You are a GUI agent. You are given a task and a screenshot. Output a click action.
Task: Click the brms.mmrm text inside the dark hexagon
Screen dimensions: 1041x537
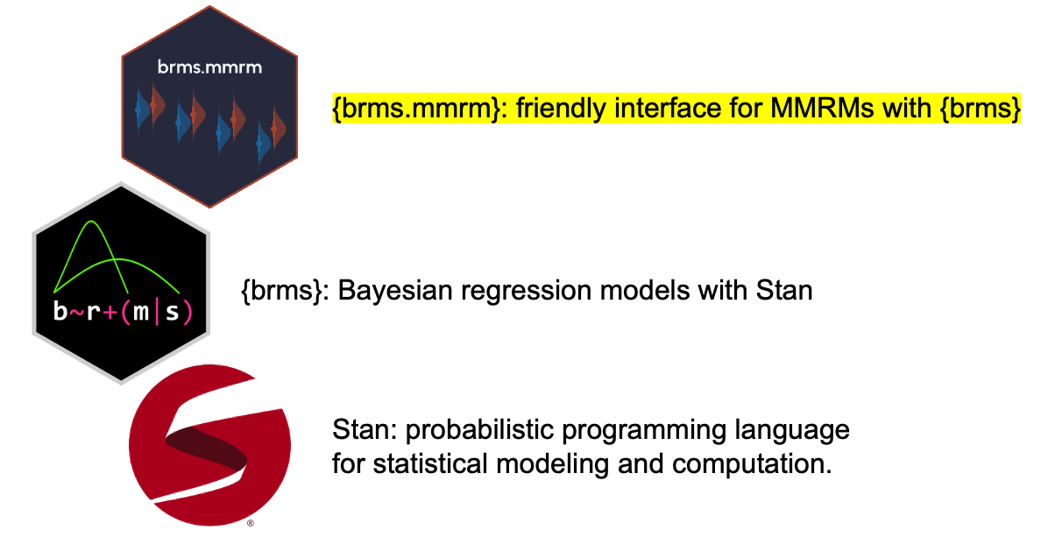coord(209,67)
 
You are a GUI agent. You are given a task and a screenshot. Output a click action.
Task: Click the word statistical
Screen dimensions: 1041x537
coord(431,463)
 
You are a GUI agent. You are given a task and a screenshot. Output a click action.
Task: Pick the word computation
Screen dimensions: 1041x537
coord(752,464)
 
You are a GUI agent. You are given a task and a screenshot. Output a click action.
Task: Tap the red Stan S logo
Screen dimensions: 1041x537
coord(209,444)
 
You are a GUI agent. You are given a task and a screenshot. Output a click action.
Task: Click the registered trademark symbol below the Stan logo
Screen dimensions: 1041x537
coord(251,524)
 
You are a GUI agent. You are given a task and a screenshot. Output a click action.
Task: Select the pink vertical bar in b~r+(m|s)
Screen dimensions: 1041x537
coord(157,311)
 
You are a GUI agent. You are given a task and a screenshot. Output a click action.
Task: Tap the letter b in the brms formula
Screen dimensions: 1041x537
coord(60,310)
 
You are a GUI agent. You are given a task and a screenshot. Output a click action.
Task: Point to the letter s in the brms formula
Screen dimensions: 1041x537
coord(172,312)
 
